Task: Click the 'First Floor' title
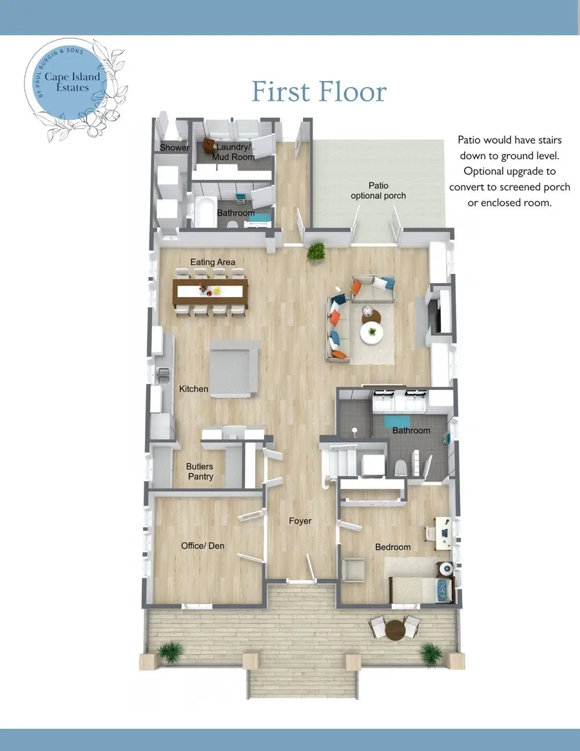[319, 92]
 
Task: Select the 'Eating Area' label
[213, 262]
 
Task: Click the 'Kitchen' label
[193, 389]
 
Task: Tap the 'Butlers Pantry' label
[200, 471]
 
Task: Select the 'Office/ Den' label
[203, 546]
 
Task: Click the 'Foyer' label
[300, 521]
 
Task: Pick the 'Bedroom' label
[393, 547]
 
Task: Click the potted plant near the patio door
[316, 252]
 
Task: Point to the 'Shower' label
[175, 148]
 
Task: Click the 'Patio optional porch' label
[378, 191]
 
